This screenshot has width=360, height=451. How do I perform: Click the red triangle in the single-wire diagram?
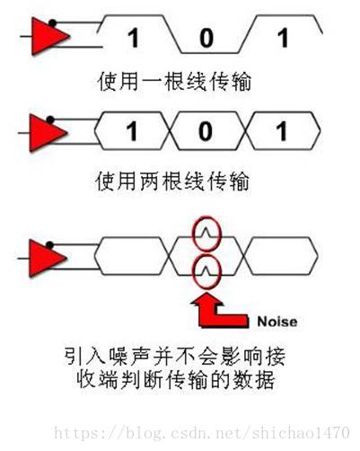pyautogui.click(x=48, y=37)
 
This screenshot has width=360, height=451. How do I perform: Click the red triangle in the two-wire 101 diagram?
pyautogui.click(x=47, y=133)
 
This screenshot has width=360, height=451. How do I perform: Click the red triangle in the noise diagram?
pyautogui.click(x=46, y=258)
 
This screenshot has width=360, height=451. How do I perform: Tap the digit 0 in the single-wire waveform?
pyautogui.click(x=206, y=38)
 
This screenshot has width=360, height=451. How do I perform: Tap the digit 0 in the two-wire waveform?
pyautogui.click(x=206, y=131)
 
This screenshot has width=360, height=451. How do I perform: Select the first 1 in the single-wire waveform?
pyautogui.click(x=134, y=38)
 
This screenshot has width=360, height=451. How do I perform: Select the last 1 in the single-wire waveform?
pyautogui.click(x=283, y=38)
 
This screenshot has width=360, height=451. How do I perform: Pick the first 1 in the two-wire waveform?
pyautogui.click(x=132, y=131)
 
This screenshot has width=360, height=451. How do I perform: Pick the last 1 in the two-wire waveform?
pyautogui.click(x=282, y=131)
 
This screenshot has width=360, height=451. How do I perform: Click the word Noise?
pyautogui.click(x=277, y=322)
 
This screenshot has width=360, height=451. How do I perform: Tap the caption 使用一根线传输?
pyautogui.click(x=174, y=81)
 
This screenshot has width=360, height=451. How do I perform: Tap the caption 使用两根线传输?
pyautogui.click(x=172, y=181)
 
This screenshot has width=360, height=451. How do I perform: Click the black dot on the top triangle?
pyautogui.click(x=52, y=22)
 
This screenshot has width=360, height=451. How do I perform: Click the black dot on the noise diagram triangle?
pyautogui.click(x=50, y=245)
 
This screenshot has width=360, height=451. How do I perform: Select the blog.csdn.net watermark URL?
pyautogui.click(x=202, y=433)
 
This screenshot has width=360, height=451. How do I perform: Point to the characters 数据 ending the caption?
pyautogui.click(x=255, y=379)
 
